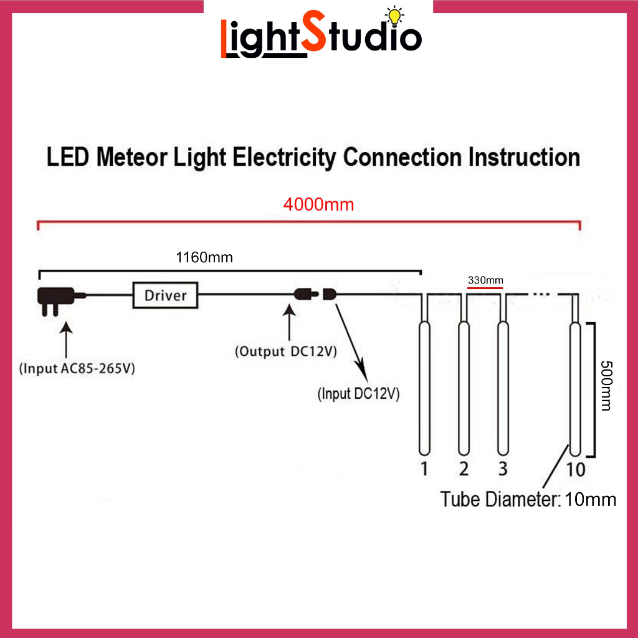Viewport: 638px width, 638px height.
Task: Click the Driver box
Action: (165, 295)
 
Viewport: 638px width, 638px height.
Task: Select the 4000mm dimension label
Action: (318, 204)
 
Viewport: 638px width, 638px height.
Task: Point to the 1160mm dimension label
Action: (204, 257)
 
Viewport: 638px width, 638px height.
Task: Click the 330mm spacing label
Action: (485, 280)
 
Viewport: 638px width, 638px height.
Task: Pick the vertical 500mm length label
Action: (606, 385)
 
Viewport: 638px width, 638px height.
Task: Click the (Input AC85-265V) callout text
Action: (77, 368)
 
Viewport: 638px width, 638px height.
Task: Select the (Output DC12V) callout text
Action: (286, 351)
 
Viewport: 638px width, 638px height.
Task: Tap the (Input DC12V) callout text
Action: (358, 394)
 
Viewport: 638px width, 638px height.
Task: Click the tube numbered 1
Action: (424, 388)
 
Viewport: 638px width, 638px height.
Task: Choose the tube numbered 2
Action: (464, 388)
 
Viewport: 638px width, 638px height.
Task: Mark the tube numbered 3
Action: (503, 388)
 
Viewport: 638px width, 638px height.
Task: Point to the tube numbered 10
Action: (575, 389)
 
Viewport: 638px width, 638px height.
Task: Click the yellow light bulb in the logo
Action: (394, 17)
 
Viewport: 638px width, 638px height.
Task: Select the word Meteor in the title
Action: (132, 157)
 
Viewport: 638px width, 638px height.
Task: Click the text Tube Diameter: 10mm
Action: (528, 499)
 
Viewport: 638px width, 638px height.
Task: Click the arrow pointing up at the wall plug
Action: (66, 340)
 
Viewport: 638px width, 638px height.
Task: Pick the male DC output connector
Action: (306, 294)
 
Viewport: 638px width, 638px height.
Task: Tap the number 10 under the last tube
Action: (576, 470)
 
